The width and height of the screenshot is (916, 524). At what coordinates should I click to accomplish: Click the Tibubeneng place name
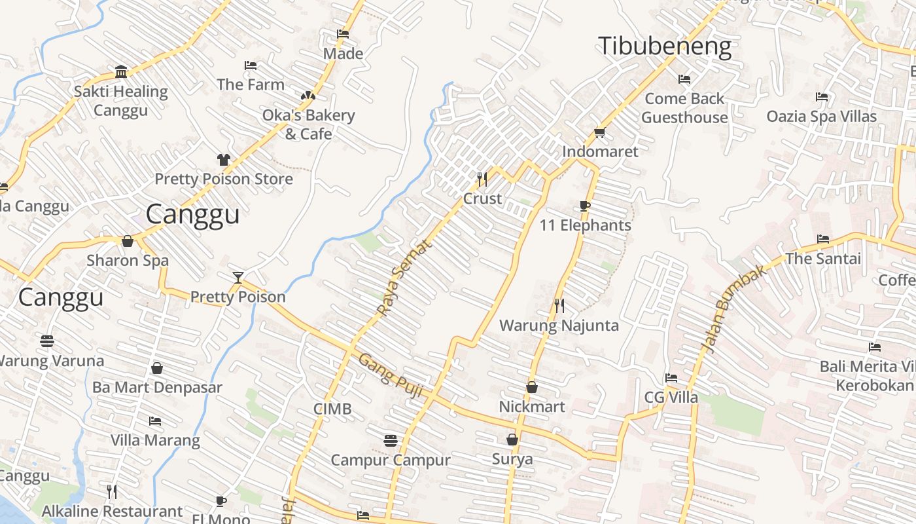(664, 47)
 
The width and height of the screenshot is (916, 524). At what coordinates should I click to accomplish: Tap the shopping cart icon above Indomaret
(599, 133)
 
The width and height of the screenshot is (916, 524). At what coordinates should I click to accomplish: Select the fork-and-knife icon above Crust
(482, 179)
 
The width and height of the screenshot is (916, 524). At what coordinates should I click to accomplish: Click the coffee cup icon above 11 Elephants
(585, 206)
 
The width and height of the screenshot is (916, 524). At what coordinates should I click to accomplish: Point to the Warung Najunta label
(559, 326)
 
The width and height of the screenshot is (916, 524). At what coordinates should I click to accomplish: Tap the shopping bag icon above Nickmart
(532, 387)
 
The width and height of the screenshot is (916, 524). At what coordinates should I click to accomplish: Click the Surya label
(512, 459)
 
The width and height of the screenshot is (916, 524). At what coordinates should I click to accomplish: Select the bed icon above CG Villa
(671, 378)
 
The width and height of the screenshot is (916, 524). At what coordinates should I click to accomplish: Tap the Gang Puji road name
(391, 377)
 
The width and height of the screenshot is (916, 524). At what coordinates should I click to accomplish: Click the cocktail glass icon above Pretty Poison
(238, 278)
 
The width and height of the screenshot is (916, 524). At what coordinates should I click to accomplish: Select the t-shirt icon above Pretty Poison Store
(224, 160)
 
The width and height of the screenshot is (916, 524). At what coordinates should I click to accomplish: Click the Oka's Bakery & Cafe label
(308, 124)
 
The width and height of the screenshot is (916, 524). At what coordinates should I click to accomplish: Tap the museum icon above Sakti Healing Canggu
(121, 71)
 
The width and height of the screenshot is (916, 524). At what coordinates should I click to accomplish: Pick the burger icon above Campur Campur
(391, 440)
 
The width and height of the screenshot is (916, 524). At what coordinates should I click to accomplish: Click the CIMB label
(332, 409)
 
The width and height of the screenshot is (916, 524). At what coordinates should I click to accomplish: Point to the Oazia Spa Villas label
(821, 117)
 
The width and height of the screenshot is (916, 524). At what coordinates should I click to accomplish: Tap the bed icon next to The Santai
(823, 239)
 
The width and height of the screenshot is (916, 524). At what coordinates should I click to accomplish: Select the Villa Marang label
(155, 440)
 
